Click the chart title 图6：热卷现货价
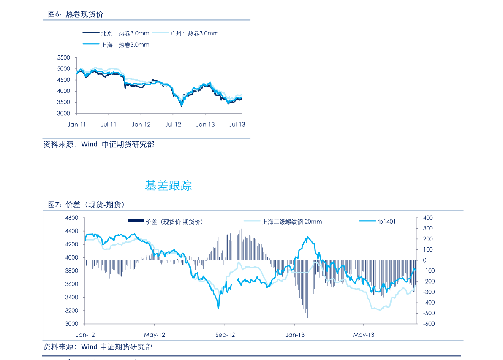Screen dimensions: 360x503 click(x=76, y=14)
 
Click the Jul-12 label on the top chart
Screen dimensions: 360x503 click(x=173, y=125)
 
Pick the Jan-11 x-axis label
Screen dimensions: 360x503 click(x=76, y=125)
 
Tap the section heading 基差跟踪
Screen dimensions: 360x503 click(x=169, y=186)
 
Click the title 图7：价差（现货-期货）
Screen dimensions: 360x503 click(x=86, y=205)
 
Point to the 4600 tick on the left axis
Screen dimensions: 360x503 click(x=72, y=218)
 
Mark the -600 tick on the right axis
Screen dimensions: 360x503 click(x=427, y=324)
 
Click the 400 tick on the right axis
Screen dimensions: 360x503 click(x=427, y=218)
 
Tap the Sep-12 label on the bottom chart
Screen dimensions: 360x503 click(x=225, y=335)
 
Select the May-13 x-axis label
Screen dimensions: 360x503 click(x=364, y=335)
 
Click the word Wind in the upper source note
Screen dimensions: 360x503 click(x=89, y=145)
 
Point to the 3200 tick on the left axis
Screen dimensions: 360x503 click(x=72, y=311)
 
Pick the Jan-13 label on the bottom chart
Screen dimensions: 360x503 click(x=295, y=335)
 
